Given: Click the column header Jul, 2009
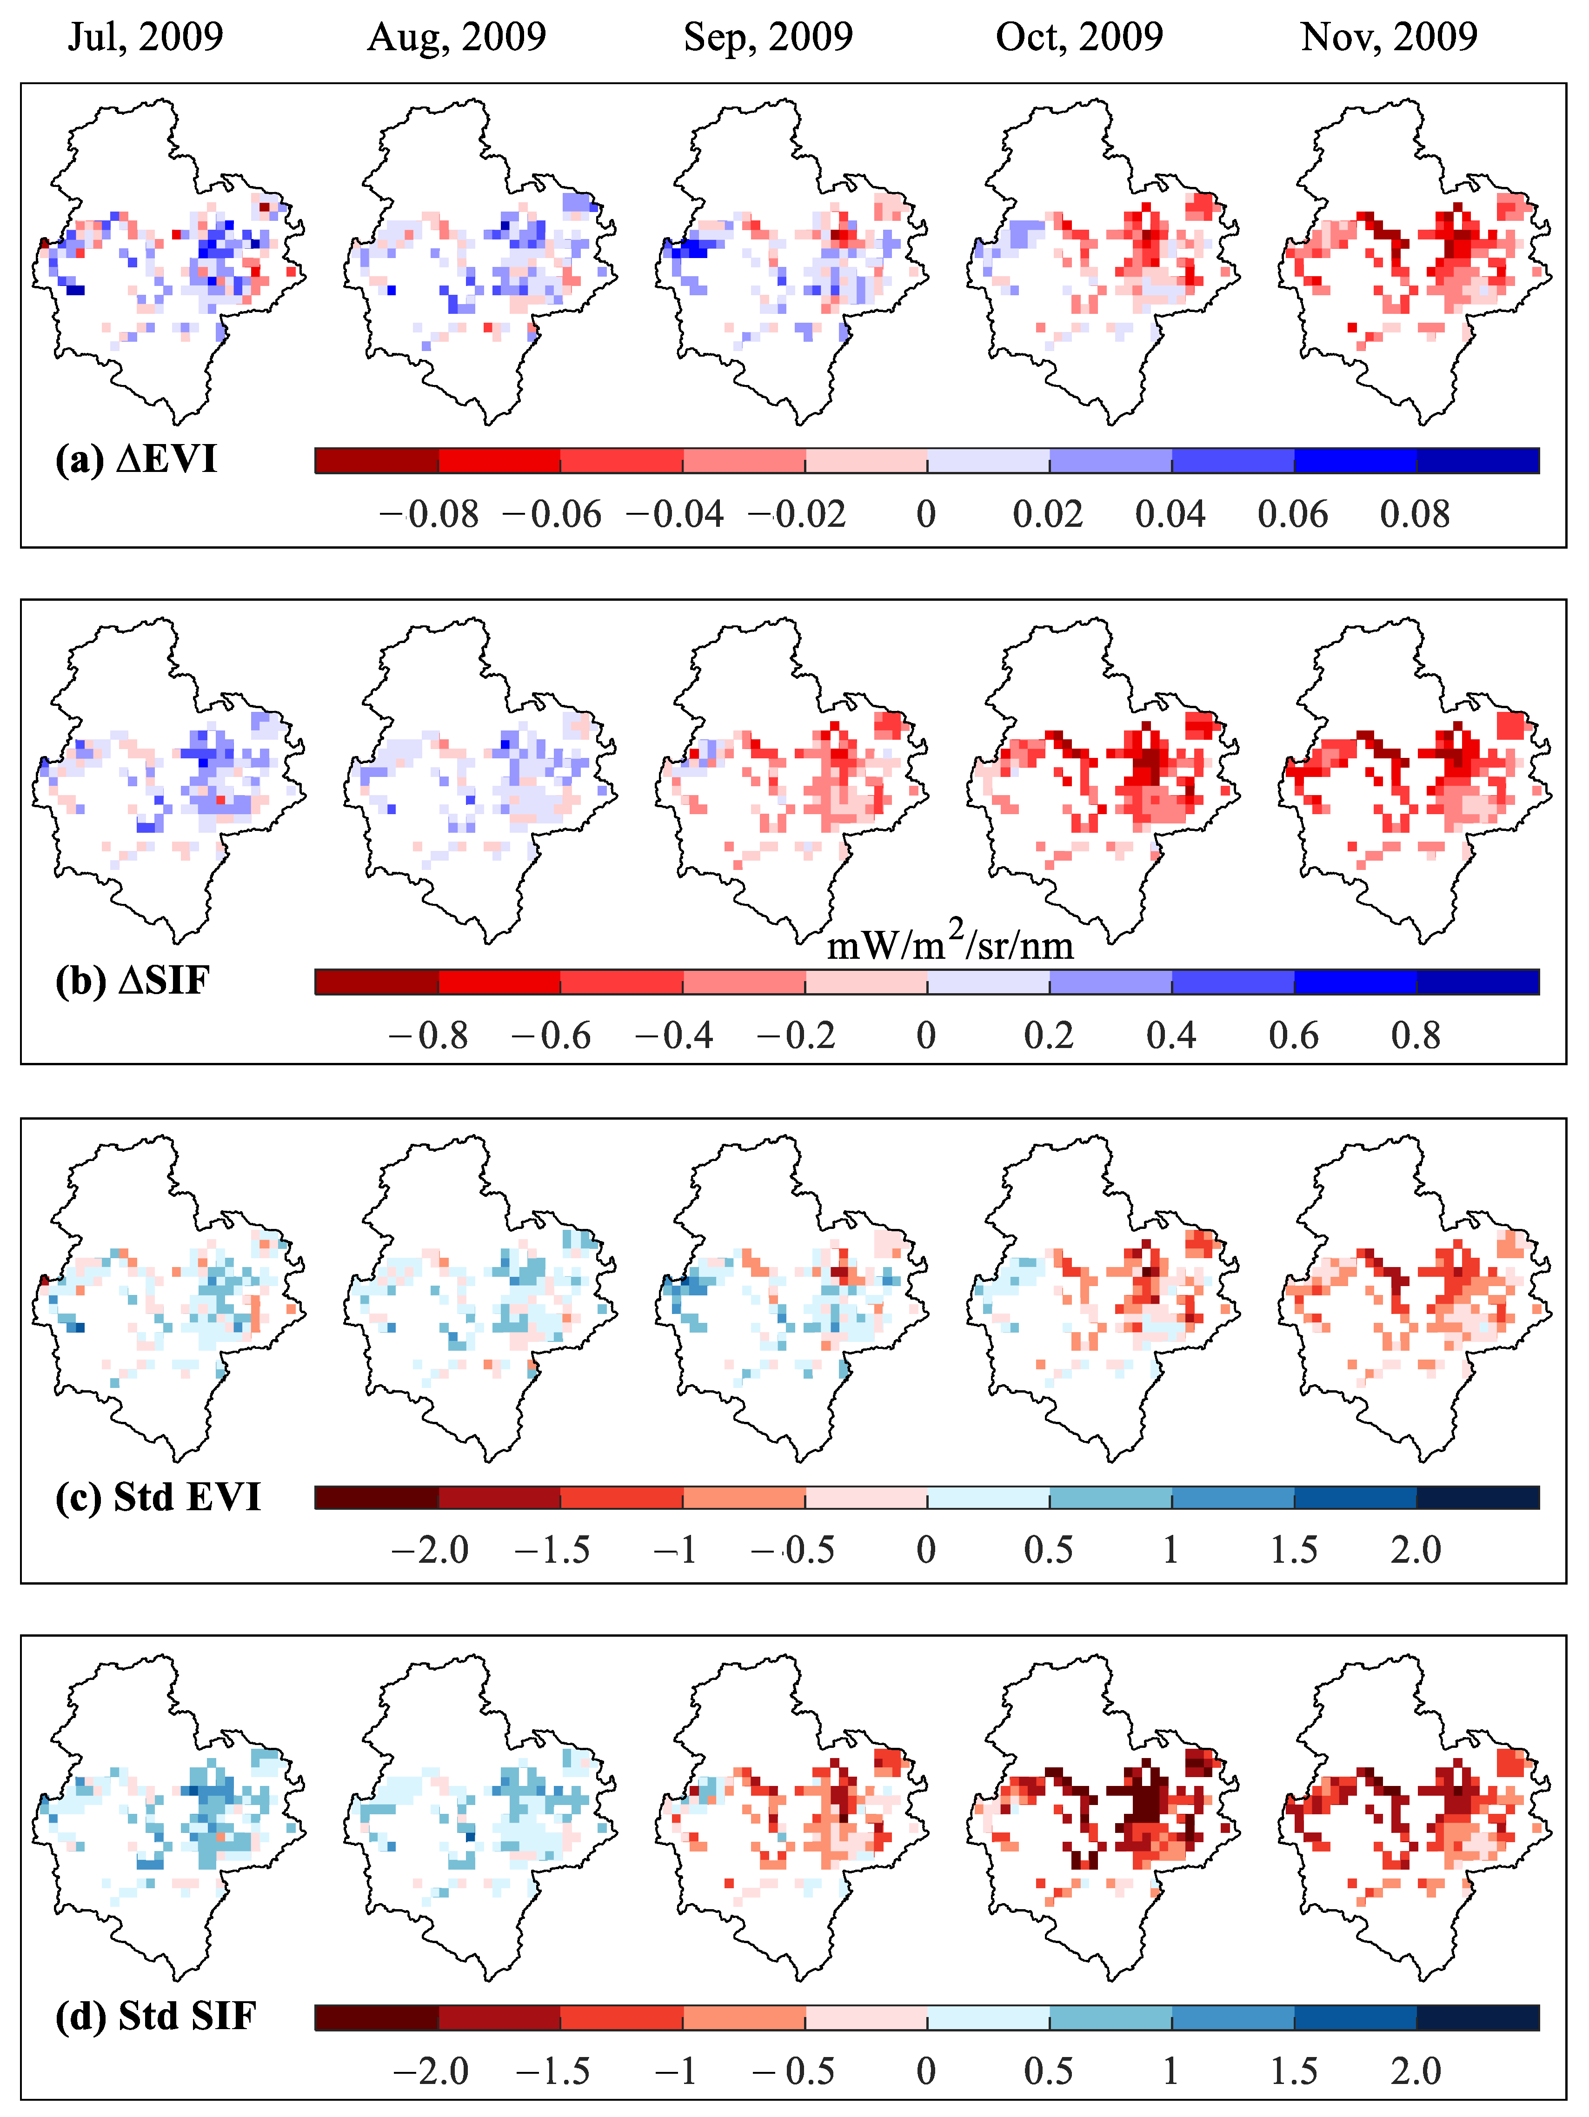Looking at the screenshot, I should coord(146,37).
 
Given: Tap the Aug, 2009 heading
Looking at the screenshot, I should coord(457,37).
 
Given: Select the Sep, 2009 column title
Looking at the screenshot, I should coord(768,37).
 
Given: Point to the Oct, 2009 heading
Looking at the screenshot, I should coord(1079,37).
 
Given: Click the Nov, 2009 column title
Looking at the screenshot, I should coord(1389,37).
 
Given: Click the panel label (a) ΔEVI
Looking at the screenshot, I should coord(136,459).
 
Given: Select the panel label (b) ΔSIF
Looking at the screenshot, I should coord(132,980).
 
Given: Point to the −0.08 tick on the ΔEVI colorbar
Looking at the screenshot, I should coord(429,515).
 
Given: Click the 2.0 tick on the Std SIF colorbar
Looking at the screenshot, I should coord(1416,2071).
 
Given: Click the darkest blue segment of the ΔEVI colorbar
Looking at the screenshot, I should coord(1478,460).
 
